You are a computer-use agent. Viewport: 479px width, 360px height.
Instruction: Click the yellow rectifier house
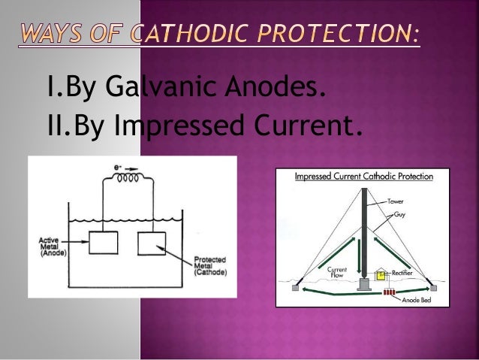[x=382, y=276]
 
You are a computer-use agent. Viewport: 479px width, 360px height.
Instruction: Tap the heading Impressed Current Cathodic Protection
[x=363, y=178]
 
